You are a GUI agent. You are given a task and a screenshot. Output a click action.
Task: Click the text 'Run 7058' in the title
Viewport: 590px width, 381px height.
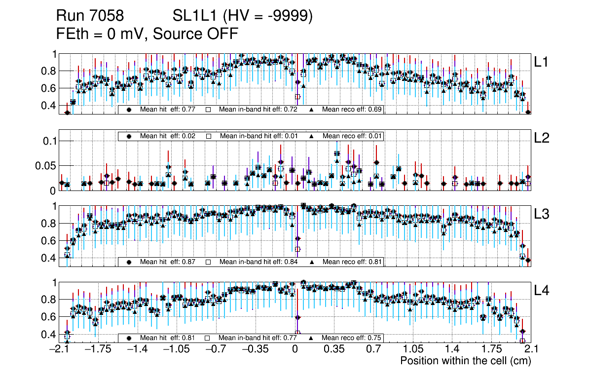(x=90, y=16)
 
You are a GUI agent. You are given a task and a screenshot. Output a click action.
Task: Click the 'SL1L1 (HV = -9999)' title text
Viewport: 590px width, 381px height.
(x=243, y=16)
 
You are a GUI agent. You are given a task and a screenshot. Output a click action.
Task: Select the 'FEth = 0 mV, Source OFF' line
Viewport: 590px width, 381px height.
(x=147, y=34)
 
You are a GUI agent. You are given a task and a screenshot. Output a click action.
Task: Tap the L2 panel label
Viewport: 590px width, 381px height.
(x=542, y=139)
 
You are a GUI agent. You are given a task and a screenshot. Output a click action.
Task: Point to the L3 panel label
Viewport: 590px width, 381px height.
(x=542, y=214)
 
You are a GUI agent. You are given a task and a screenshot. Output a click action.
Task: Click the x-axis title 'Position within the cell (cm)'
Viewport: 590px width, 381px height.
(x=465, y=361)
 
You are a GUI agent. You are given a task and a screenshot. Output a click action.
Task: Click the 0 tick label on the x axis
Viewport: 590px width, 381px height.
(x=295, y=349)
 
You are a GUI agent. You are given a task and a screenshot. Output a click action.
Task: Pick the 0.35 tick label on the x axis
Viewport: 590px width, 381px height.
(x=334, y=349)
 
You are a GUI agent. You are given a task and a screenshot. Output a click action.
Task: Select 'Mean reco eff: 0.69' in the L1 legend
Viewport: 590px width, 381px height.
(x=352, y=110)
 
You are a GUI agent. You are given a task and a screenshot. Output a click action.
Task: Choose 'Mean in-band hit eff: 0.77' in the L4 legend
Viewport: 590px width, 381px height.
(x=258, y=338)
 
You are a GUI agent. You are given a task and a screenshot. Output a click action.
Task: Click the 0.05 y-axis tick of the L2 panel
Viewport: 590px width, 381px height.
(x=45, y=166)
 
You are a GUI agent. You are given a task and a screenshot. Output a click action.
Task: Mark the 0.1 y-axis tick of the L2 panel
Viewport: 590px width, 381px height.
(x=49, y=141)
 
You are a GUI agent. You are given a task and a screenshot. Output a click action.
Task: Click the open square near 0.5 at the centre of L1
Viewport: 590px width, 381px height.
(x=297, y=97)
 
